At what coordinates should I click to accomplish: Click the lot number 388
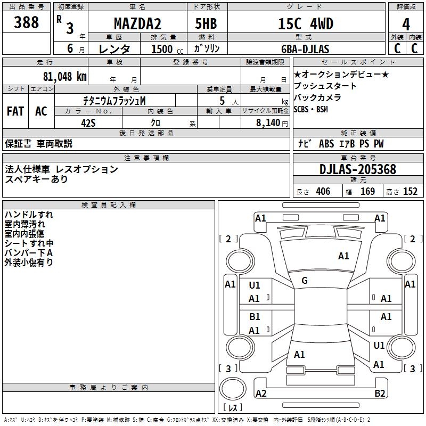[x=26, y=22]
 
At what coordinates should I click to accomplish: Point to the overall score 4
[x=406, y=24]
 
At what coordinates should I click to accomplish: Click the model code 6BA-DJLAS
[x=305, y=49]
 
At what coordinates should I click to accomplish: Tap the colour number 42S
[x=88, y=122]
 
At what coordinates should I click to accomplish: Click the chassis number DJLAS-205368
[x=358, y=169]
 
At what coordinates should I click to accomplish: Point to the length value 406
[x=323, y=192]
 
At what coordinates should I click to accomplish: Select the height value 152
[x=410, y=192]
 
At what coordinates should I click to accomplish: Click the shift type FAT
[x=15, y=111]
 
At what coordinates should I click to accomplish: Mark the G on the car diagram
[x=305, y=281]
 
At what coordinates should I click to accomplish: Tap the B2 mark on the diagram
[x=380, y=393]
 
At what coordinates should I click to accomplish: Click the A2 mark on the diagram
[x=261, y=393]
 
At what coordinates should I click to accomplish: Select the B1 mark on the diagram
[x=255, y=317]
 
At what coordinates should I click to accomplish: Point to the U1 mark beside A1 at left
[x=255, y=285]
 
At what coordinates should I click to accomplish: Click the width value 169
[x=367, y=192]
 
